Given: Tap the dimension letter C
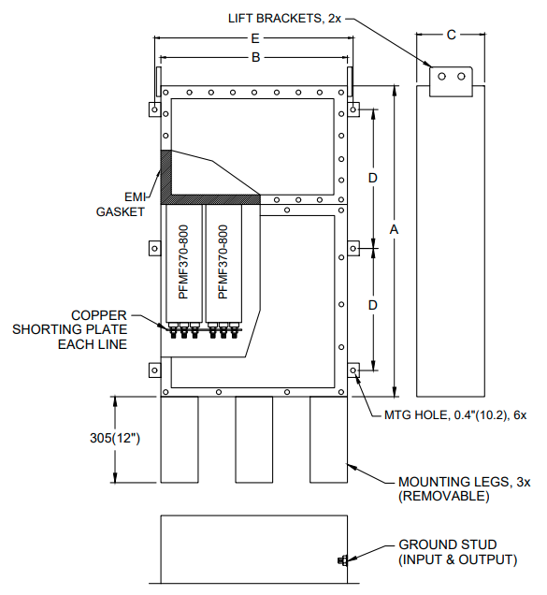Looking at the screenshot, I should (451, 35).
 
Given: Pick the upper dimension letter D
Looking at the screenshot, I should (372, 178).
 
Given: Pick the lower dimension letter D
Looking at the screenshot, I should (372, 305).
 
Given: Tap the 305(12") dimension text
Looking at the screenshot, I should (117, 439).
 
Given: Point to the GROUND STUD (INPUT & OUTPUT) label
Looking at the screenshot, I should (458, 551).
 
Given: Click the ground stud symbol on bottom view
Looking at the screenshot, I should (343, 560).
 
